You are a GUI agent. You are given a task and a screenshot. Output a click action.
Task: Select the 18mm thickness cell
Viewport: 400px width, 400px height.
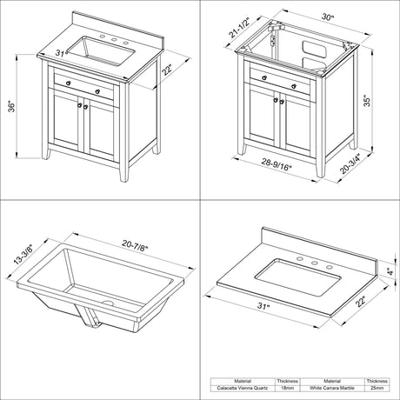point(287,389)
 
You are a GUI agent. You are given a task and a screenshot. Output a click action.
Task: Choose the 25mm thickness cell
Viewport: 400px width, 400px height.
point(377,389)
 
